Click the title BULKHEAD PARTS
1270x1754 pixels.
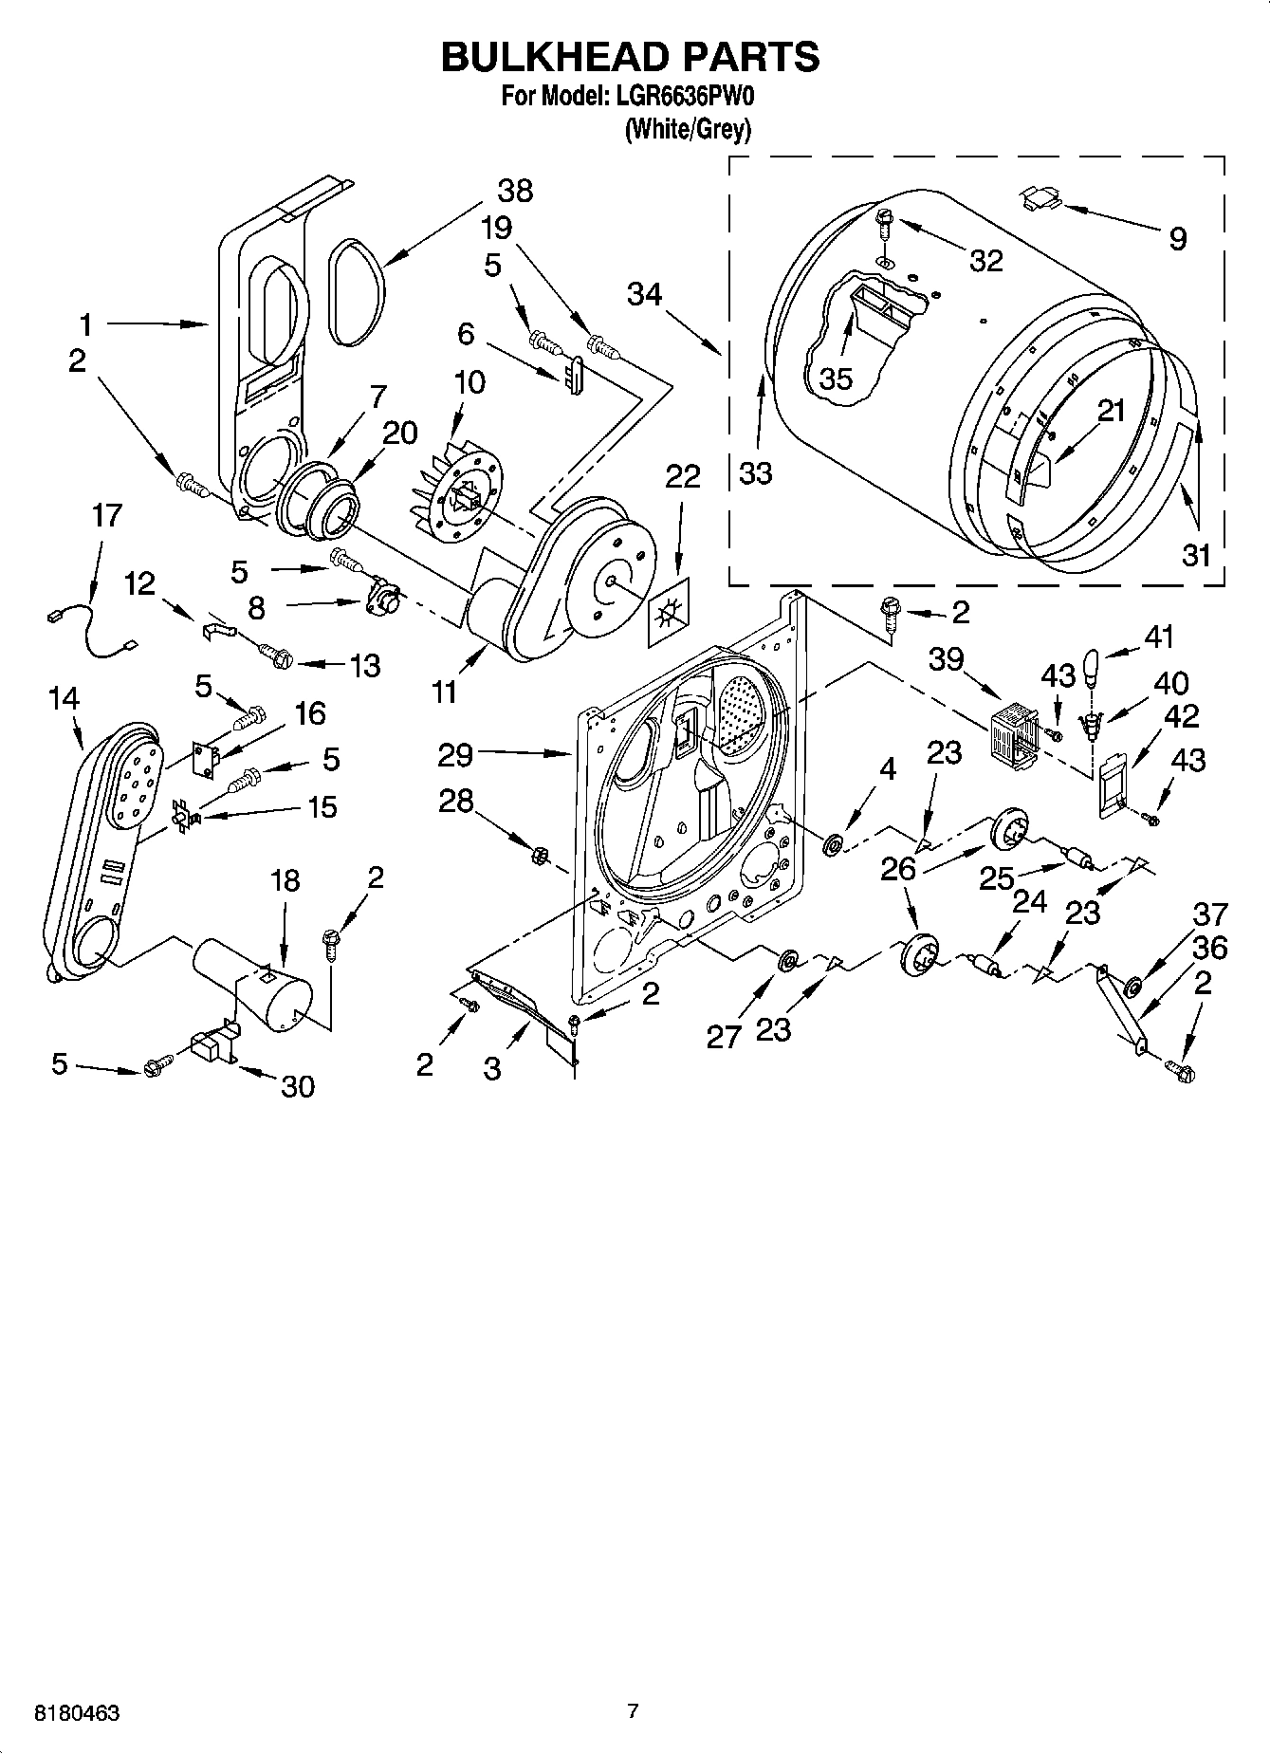pos(630,58)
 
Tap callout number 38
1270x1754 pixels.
pos(515,191)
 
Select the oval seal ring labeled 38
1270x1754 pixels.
pos(358,290)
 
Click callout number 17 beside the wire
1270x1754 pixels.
pos(107,516)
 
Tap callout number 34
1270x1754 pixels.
pos(644,295)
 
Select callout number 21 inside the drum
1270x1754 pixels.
pos(1111,411)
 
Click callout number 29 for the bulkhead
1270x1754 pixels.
pos(455,756)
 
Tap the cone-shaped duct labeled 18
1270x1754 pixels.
pos(254,979)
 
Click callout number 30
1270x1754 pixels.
pos(298,1085)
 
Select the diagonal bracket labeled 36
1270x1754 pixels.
pos(1121,1010)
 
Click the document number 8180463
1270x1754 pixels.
pos(77,1713)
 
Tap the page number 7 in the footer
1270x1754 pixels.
pos(633,1711)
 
